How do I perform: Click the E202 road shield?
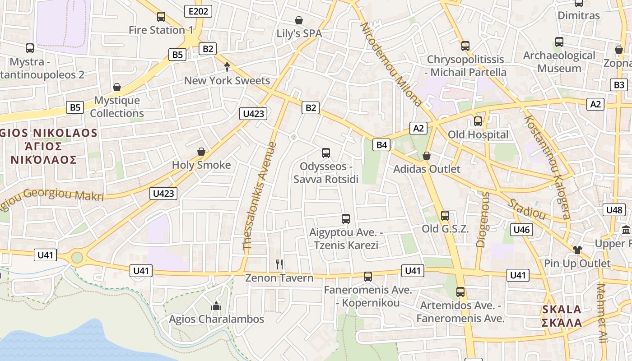(x=198, y=11)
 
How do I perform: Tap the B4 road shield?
(x=382, y=145)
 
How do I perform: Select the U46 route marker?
(x=522, y=230)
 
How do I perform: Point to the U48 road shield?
(x=614, y=210)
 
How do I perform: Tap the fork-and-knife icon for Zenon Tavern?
(x=279, y=264)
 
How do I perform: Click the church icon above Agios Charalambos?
(x=216, y=306)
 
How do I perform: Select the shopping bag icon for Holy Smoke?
(x=201, y=152)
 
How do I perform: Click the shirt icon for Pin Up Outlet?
(x=577, y=250)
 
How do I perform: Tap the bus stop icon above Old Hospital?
(x=478, y=121)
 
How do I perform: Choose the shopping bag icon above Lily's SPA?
(x=298, y=20)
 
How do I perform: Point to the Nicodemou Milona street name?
(x=390, y=63)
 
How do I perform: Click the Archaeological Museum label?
(x=559, y=62)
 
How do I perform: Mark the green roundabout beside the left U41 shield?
(x=77, y=257)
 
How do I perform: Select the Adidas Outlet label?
(x=427, y=169)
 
